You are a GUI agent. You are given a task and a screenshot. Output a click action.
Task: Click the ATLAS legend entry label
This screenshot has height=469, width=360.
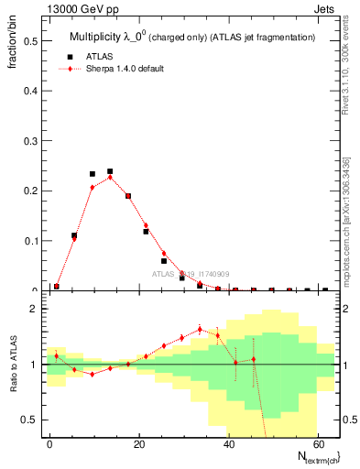click(100, 55)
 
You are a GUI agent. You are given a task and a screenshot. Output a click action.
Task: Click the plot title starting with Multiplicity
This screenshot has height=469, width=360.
click(192, 38)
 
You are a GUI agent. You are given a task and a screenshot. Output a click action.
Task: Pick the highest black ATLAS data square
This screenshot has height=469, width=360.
click(110, 171)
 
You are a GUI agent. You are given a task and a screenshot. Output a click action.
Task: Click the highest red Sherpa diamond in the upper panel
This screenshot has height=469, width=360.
click(110, 177)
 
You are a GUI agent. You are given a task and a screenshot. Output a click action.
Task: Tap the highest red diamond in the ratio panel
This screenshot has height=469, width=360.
click(200, 329)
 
